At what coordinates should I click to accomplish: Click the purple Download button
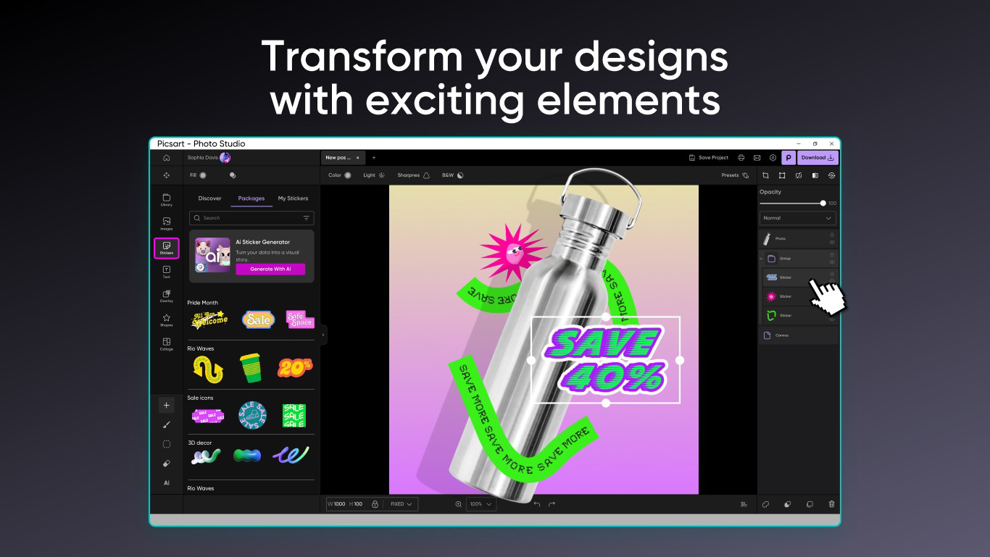point(818,157)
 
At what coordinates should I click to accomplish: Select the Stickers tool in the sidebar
point(167,248)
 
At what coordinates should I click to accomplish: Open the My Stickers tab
point(293,198)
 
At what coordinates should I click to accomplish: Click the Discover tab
point(209,198)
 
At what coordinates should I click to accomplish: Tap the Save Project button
point(709,157)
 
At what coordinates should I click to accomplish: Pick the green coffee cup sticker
point(251,368)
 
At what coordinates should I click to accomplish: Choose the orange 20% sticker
point(294,367)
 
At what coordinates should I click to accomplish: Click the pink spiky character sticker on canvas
point(503,250)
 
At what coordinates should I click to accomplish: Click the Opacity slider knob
point(823,204)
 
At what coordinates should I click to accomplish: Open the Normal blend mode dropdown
point(797,218)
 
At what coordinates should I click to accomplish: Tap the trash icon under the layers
point(831,504)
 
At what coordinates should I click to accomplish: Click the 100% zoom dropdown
point(481,504)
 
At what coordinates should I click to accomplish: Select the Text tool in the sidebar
point(167,272)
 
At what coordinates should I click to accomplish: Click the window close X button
point(831,144)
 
